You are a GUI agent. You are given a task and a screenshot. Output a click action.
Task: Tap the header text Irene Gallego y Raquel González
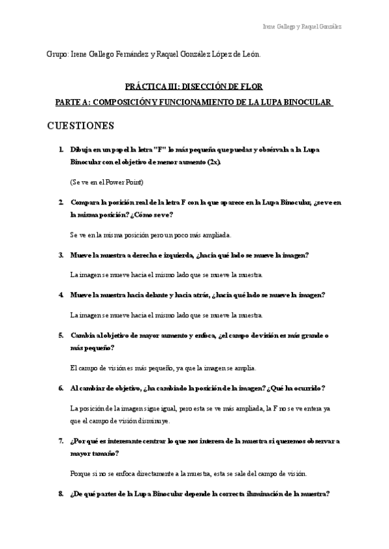pos(302,27)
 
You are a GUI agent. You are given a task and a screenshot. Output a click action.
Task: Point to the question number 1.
pos(60,149)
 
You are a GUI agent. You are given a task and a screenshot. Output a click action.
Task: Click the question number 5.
pos(60,335)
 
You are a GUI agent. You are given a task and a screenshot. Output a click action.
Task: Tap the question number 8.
pos(60,494)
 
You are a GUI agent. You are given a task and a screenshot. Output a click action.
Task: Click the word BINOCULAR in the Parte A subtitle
pos(304,102)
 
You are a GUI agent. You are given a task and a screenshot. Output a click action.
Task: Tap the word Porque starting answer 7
pos(80,473)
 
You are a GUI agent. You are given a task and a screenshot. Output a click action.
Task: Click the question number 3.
pos(60,255)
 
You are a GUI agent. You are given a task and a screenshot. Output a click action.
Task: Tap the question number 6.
pos(60,388)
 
